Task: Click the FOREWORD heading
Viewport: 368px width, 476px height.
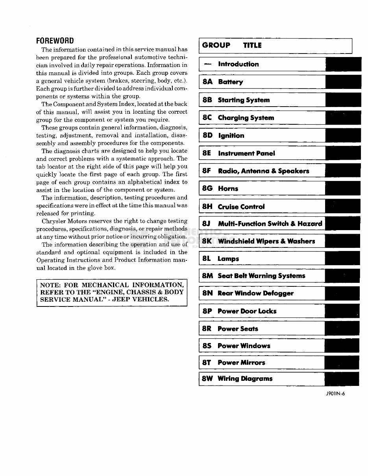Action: (55, 41)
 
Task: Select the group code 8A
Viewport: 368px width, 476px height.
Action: (207, 82)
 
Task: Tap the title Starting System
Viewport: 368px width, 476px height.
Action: (244, 100)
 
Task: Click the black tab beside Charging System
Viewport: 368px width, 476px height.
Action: (343, 118)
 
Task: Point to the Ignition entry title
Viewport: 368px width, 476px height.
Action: (231, 136)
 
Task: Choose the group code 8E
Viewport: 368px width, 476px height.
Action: (207, 153)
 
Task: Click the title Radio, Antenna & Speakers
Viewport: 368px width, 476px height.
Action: (263, 171)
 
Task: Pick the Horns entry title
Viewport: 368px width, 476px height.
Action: (228, 189)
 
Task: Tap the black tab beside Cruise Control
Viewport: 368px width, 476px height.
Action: (343, 207)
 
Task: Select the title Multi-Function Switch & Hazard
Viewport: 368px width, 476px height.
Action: (270, 224)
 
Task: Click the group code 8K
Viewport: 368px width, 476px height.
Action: (207, 241)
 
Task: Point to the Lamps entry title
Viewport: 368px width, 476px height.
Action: (228, 259)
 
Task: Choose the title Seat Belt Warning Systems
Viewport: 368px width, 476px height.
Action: (261, 276)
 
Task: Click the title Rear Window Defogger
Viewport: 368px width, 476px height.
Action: (255, 293)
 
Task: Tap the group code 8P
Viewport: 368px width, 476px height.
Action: (207, 311)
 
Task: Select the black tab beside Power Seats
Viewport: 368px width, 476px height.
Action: (342, 328)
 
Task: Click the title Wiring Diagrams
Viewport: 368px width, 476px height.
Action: (245, 379)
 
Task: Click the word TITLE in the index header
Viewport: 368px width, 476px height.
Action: (252, 46)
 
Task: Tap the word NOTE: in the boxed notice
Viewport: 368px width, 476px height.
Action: (51, 285)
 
